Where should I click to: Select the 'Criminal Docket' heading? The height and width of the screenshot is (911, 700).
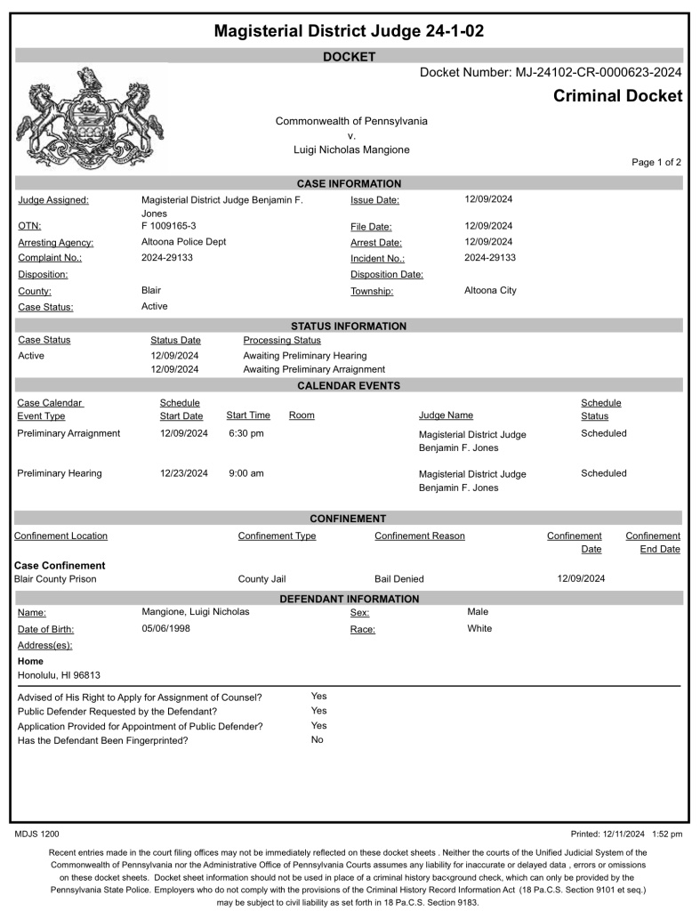click(617, 96)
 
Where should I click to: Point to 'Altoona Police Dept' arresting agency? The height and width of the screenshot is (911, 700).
click(184, 242)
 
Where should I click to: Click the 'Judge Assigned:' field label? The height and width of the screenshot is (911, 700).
click(53, 200)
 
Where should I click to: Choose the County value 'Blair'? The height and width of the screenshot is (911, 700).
click(151, 291)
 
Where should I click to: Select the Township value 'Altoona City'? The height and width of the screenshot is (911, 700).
click(490, 291)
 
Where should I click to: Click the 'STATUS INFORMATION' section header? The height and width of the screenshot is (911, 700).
click(349, 326)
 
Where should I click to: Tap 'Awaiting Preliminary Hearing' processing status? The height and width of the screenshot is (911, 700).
click(304, 356)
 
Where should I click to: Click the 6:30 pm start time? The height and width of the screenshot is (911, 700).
click(246, 433)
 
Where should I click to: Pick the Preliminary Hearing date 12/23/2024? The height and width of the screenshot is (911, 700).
click(184, 473)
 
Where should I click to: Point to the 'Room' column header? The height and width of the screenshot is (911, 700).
click(302, 415)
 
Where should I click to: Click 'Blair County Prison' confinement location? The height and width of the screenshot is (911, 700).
click(55, 579)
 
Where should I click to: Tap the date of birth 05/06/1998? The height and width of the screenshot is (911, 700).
click(166, 629)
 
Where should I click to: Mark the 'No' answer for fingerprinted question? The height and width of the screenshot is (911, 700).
click(318, 740)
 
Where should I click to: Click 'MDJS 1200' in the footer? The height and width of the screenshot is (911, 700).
click(37, 834)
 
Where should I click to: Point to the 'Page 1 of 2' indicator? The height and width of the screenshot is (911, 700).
click(656, 163)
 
